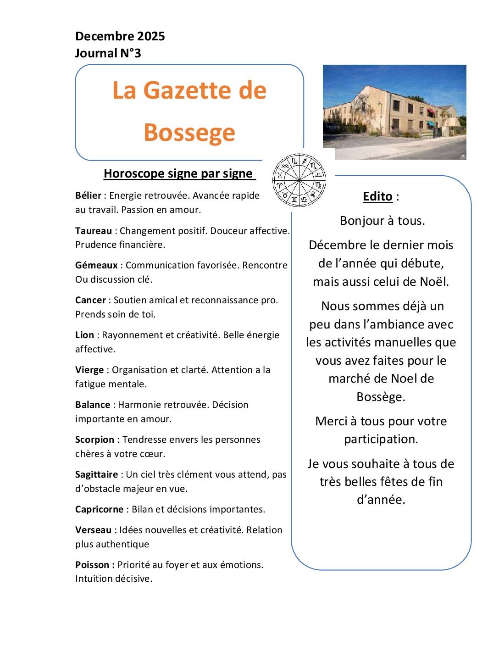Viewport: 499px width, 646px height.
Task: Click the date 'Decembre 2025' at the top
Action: coord(120,36)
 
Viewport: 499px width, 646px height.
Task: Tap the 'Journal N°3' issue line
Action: coord(108,53)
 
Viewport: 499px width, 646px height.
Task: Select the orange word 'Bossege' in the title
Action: coord(189,132)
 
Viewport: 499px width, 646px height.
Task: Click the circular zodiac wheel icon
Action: coord(299,180)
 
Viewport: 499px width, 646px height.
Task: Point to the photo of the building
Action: coord(394,111)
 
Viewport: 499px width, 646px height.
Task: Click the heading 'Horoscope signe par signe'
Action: coord(178,173)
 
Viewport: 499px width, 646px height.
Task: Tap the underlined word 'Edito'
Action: coord(377,196)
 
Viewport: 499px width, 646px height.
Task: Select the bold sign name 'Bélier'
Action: coord(88,195)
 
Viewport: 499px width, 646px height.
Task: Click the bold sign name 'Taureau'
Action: coord(94,231)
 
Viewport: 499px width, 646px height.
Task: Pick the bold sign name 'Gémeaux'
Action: coord(96,265)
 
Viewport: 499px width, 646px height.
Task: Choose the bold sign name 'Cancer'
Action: coord(90,300)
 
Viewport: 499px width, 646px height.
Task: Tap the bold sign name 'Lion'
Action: coord(84,335)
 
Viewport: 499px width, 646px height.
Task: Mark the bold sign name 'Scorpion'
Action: coord(94,440)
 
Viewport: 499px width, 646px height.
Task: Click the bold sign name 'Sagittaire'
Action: coord(96,474)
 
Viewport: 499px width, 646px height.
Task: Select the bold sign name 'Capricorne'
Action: coord(99,509)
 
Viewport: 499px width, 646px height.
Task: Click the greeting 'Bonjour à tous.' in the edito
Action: coord(382,221)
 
